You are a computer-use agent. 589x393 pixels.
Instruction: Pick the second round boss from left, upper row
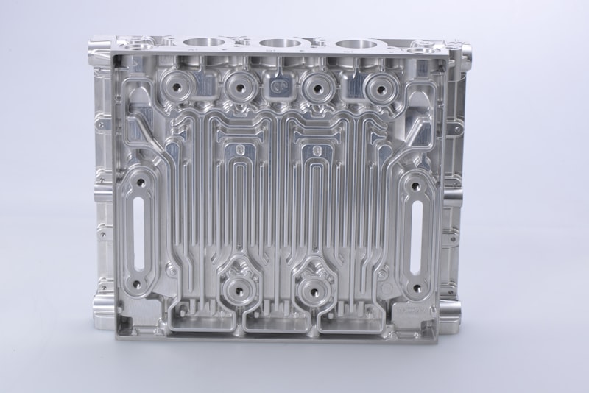pyautogui.click(x=239, y=88)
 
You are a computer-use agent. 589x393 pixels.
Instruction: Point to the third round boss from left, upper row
pyautogui.click(x=317, y=88)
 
